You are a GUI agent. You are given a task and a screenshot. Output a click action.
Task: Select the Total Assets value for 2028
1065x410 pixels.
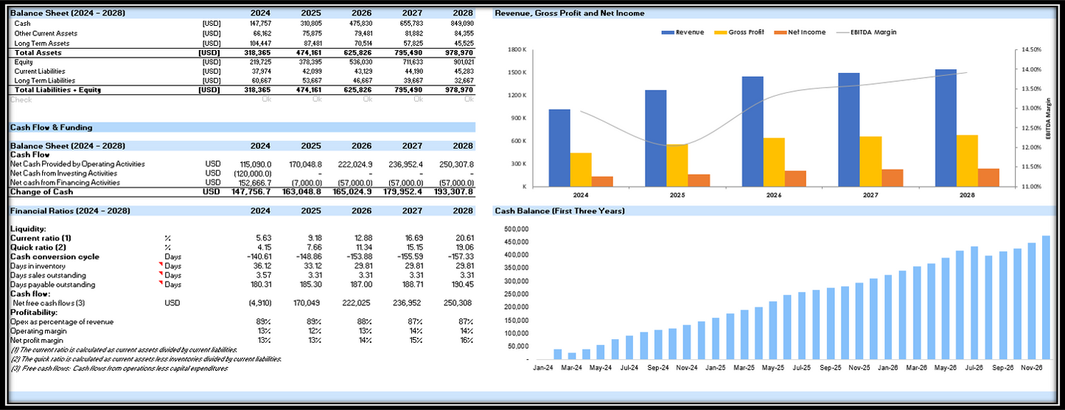[x=458, y=52]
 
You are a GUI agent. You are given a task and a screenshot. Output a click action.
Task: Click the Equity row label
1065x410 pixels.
[x=23, y=62]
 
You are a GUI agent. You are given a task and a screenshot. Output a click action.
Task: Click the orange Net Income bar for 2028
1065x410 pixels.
[x=988, y=177]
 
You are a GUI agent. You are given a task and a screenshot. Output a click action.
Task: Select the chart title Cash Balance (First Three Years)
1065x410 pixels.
[x=559, y=211]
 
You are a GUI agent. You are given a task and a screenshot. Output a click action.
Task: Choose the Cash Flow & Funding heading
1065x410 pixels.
[x=51, y=128]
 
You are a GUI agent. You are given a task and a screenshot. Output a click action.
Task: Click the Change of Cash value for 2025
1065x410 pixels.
[x=302, y=192]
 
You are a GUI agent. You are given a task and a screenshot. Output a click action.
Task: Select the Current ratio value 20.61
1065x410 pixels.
[x=463, y=238]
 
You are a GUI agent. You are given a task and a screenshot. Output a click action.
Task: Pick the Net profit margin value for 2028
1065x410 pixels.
[x=467, y=340]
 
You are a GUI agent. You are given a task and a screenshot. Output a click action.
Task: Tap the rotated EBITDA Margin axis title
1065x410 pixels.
[x=1049, y=118]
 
